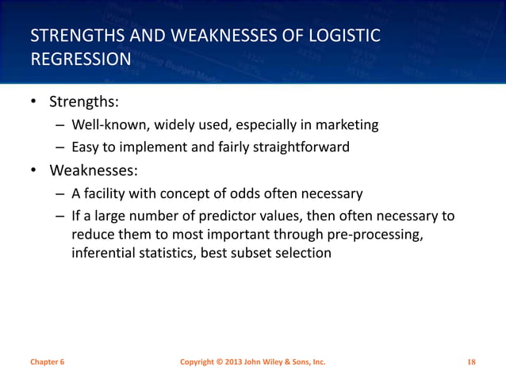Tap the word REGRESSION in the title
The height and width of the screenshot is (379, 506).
point(79,59)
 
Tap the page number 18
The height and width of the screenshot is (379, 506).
point(471,362)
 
